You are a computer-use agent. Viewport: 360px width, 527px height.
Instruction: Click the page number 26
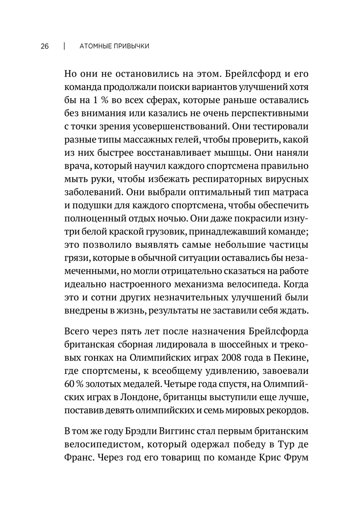click(45, 46)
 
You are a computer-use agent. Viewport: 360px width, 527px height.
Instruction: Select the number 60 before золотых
click(69, 384)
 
